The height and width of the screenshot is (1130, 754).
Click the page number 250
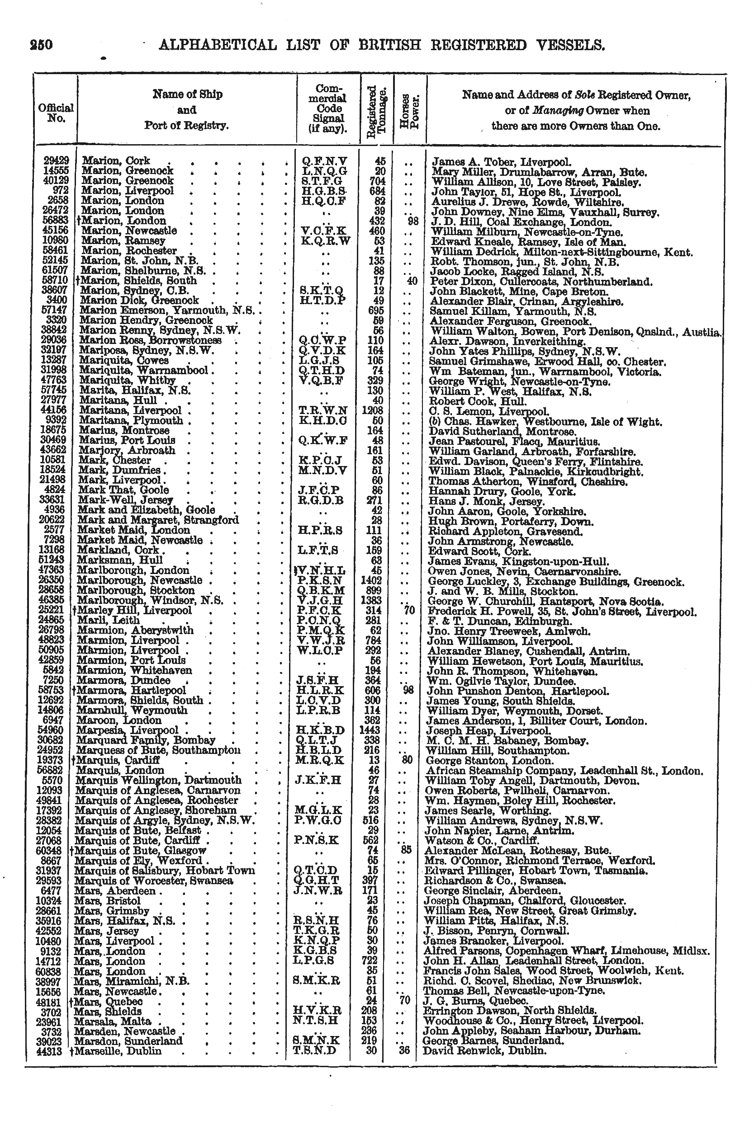coord(41,45)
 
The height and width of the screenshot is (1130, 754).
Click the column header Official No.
coord(56,113)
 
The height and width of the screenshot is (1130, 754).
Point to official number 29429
coord(56,160)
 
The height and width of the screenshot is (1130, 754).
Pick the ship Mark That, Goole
coord(123,490)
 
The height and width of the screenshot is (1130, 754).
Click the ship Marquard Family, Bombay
coord(146,740)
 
